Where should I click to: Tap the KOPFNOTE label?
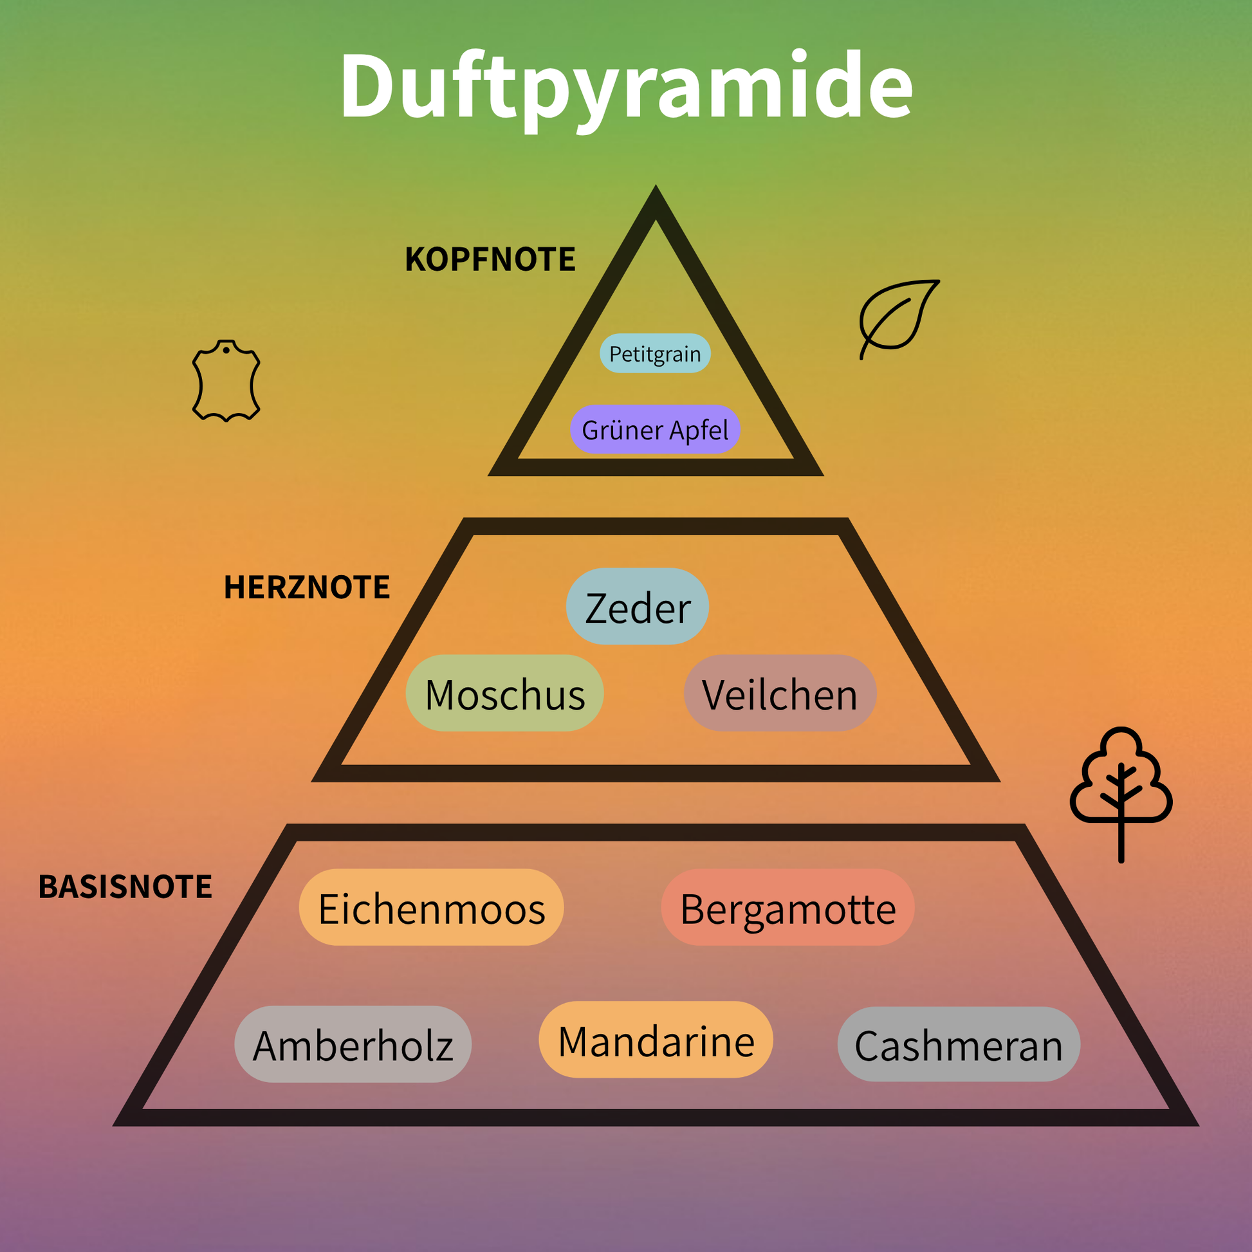pyautogui.click(x=490, y=259)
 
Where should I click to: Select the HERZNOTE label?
pyautogui.click(x=306, y=587)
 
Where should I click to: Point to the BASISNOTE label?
pyautogui.click(x=125, y=887)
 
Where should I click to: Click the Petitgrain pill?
pyautogui.click(x=654, y=354)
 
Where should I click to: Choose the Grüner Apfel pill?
pyautogui.click(x=654, y=430)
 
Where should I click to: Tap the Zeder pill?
pyautogui.click(x=637, y=607)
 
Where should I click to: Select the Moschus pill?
pyautogui.click(x=504, y=694)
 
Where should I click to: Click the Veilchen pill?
pyautogui.click(x=780, y=694)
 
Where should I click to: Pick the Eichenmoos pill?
pyautogui.click(x=431, y=908)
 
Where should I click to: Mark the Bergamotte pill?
pyautogui.click(x=787, y=908)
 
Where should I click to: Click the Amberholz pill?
pyautogui.click(x=353, y=1045)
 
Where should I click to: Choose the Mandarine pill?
pyautogui.click(x=656, y=1040)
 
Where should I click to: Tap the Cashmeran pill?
pyautogui.click(x=959, y=1045)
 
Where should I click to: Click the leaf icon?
pyautogui.click(x=898, y=318)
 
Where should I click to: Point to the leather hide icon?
pyautogui.click(x=226, y=381)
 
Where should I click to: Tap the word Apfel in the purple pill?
pyautogui.click(x=699, y=430)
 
